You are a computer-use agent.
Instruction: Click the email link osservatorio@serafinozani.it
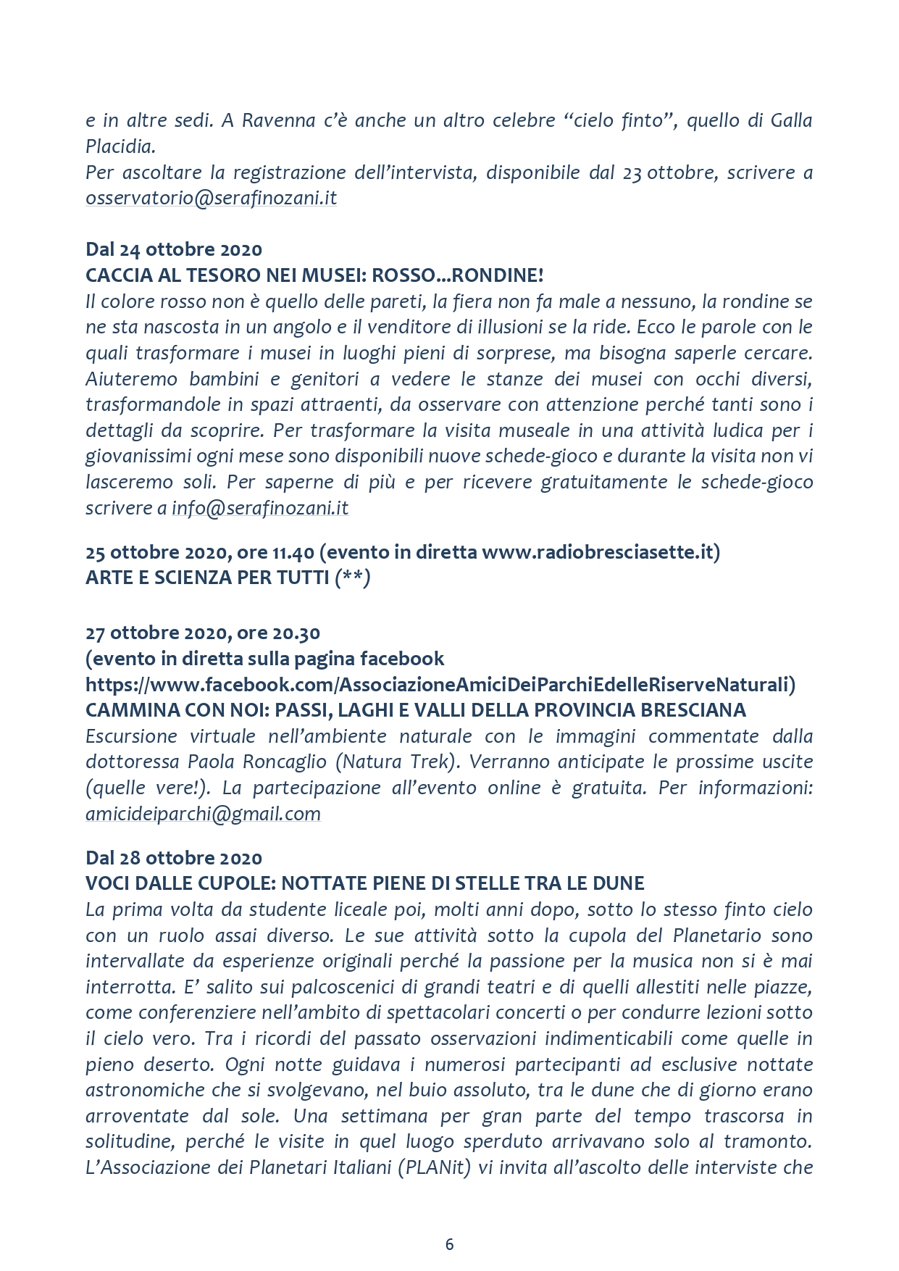[x=211, y=199]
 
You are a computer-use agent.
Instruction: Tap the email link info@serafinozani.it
[x=260, y=508]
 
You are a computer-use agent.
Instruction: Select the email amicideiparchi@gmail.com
[x=203, y=814]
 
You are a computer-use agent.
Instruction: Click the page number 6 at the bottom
[x=449, y=1244]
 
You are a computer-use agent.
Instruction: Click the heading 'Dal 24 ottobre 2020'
[x=174, y=249]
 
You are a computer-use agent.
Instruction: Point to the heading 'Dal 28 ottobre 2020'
[x=174, y=858]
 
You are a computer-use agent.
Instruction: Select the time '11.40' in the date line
[x=293, y=552]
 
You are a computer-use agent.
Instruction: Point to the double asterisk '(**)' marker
[x=353, y=578]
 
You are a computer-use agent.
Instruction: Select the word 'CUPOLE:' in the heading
[x=237, y=883]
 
